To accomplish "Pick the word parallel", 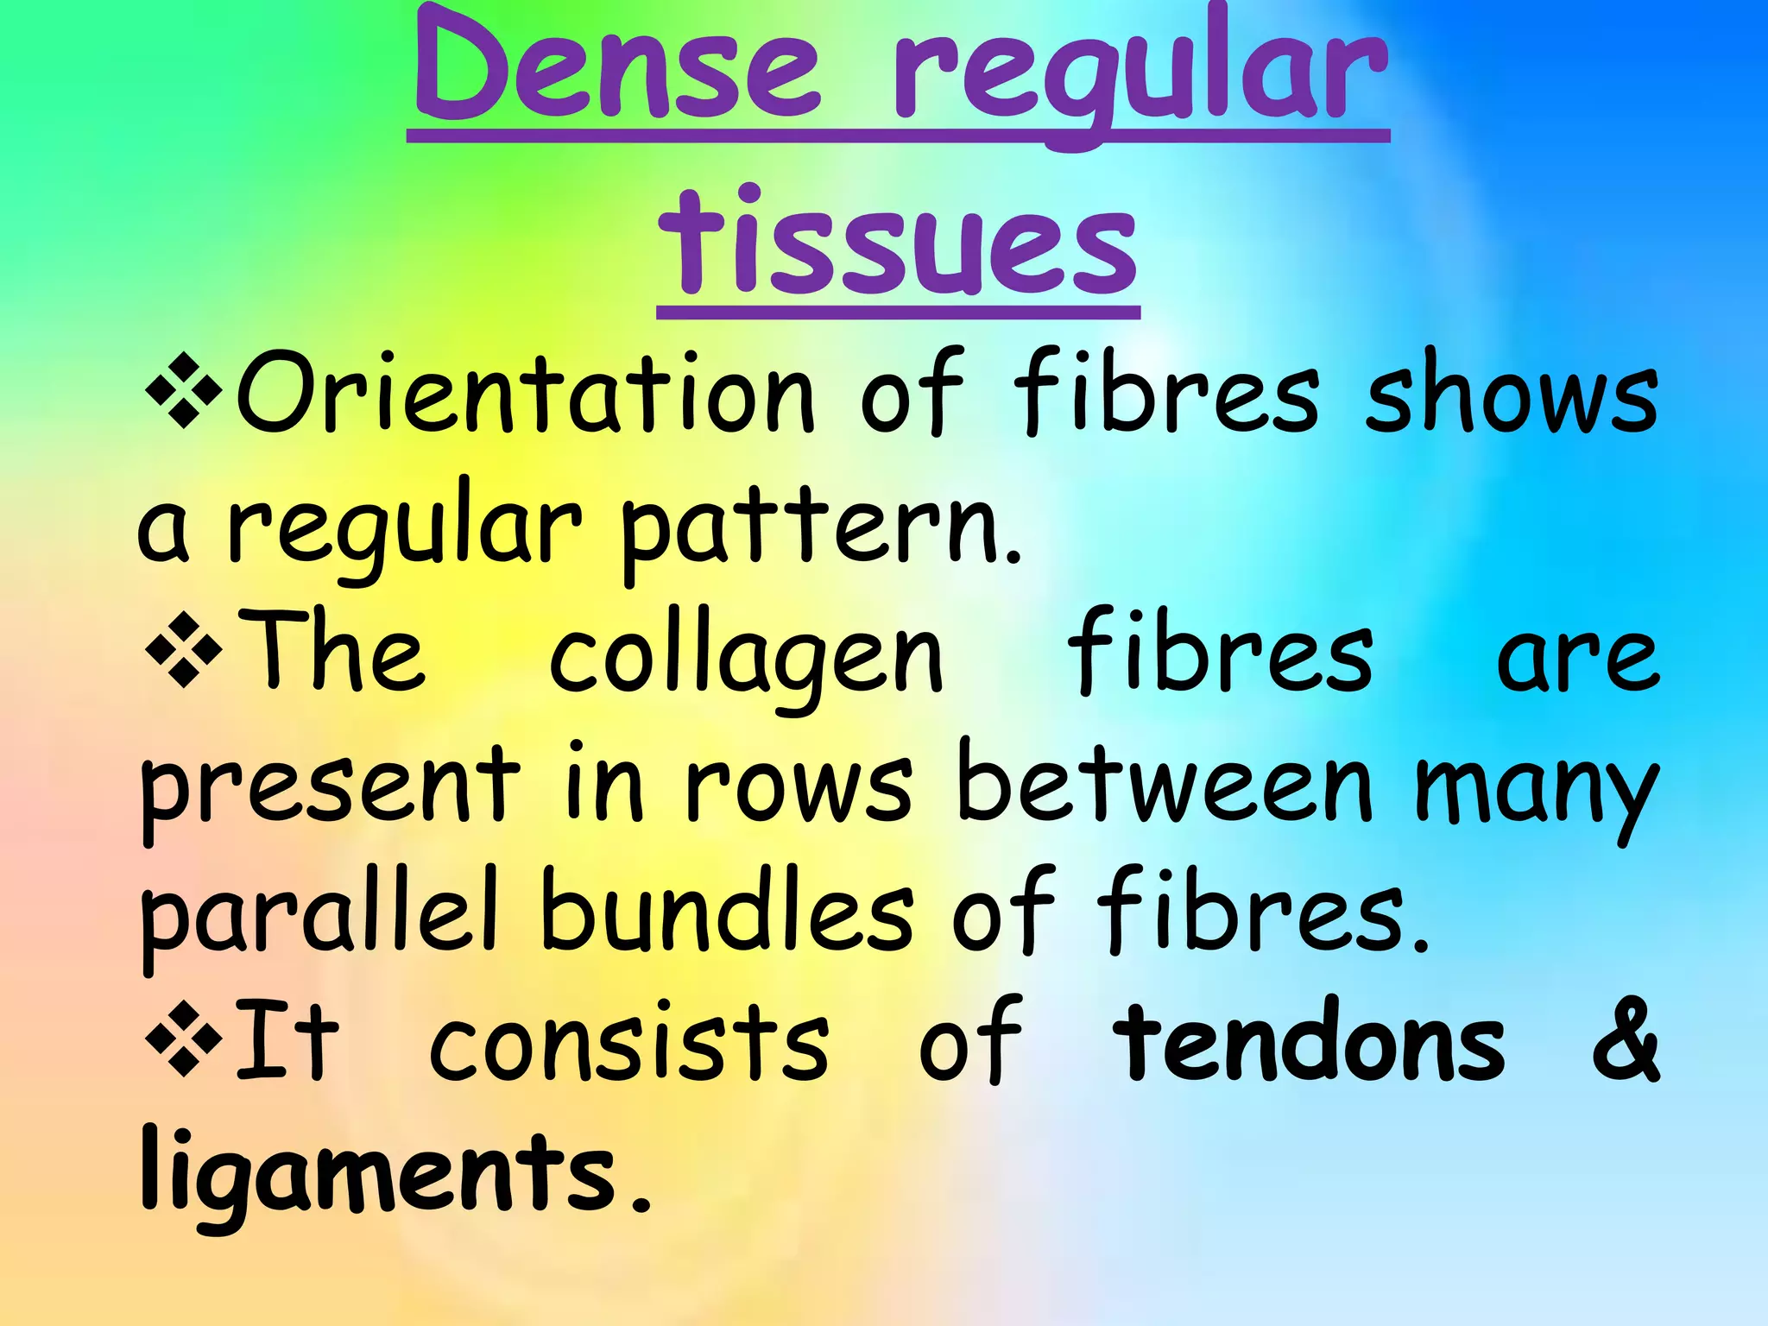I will point(319,915).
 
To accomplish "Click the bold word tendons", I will point(1309,1045).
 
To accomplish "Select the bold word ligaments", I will point(380,1174).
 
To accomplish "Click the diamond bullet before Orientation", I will point(184,389).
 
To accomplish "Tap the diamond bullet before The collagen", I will point(184,648).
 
